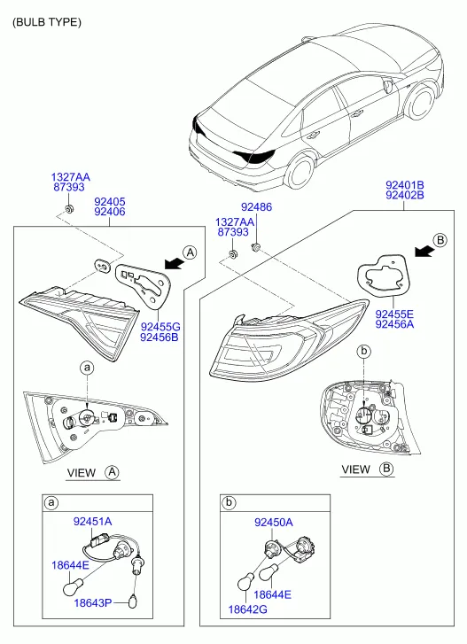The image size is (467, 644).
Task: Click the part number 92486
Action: (x=256, y=206)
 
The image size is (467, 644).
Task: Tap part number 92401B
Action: (x=405, y=185)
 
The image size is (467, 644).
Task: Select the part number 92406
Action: (x=110, y=212)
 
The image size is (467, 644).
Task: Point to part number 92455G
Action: (x=160, y=327)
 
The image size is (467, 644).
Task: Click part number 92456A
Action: (x=394, y=324)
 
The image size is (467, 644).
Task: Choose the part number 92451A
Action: (x=92, y=521)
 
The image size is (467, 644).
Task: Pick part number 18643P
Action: (x=93, y=603)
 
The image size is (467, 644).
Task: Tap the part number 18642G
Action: (x=247, y=609)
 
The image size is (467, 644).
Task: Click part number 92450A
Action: (x=274, y=523)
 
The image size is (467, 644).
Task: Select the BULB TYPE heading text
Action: (x=47, y=22)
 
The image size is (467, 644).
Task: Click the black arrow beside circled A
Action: (x=173, y=264)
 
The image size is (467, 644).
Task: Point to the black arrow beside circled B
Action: (x=424, y=251)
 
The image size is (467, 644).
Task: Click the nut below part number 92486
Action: (x=256, y=246)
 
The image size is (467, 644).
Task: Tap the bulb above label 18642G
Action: (x=245, y=583)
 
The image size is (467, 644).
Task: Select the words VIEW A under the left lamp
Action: (x=93, y=473)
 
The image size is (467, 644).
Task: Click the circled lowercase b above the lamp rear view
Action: (x=363, y=351)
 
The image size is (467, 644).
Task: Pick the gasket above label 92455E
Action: (x=383, y=275)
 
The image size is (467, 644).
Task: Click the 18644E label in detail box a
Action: (x=70, y=565)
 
